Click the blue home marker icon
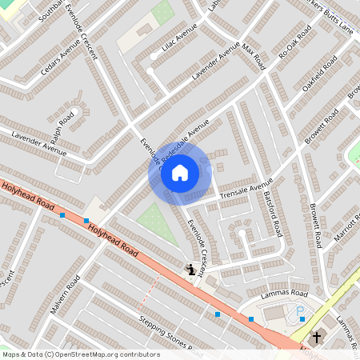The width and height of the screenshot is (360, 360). (180, 172)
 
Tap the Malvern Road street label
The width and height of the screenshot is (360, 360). (64, 297)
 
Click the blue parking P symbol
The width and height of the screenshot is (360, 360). (301, 310)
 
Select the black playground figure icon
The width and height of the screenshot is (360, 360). (190, 270)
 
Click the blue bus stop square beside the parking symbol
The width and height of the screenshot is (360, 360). (303, 318)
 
